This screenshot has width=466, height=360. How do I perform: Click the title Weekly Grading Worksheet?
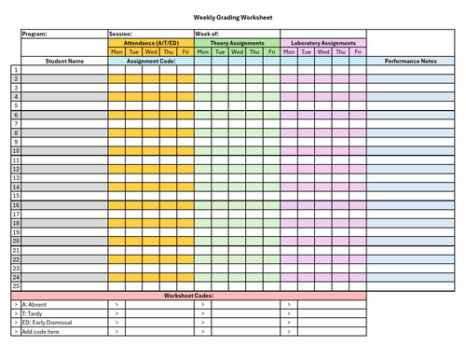coord(233,17)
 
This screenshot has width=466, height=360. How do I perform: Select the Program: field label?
coord(34,35)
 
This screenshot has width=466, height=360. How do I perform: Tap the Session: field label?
coord(120,35)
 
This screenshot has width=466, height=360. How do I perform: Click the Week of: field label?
coord(206,35)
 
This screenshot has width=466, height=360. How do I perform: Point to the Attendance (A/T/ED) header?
coord(151,43)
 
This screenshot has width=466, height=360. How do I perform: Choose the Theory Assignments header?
coord(237,43)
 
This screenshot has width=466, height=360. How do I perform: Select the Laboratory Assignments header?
coord(323,43)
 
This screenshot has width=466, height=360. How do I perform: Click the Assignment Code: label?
coord(151,61)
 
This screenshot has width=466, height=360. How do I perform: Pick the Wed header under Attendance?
coord(151,51)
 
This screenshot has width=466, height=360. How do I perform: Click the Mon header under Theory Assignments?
coord(202,51)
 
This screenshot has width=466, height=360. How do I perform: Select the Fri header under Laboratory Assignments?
coord(358,51)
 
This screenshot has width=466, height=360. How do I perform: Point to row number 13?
coord(15,178)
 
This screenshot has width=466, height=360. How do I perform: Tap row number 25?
coord(15,285)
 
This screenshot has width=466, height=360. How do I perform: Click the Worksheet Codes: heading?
coord(189,296)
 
